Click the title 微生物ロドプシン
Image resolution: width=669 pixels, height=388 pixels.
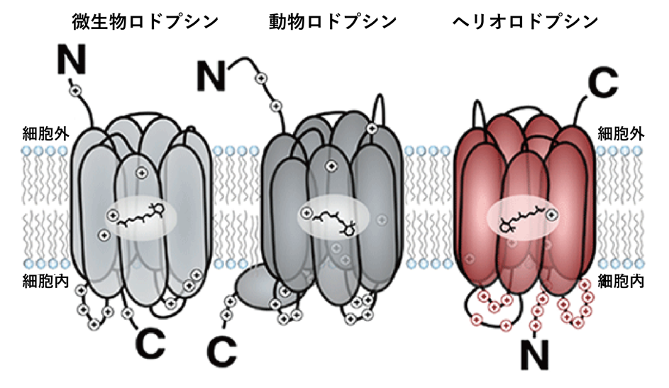click(x=145, y=22)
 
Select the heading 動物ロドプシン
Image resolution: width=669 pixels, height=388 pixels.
click(x=333, y=22)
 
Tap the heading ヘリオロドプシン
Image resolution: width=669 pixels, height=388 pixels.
click(x=526, y=22)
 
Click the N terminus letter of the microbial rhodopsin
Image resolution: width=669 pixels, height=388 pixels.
click(x=72, y=60)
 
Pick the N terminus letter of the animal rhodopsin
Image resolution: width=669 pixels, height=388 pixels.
click(x=211, y=76)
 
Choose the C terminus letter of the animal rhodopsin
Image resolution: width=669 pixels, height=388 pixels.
click(x=222, y=351)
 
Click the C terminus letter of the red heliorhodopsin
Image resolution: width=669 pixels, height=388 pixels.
click(x=603, y=82)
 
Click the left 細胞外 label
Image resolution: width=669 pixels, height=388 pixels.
click(x=45, y=134)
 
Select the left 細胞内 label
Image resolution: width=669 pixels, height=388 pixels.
click(x=45, y=281)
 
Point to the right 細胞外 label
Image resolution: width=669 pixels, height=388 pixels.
click(x=621, y=134)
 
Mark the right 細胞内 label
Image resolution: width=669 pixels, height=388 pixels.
click(x=621, y=281)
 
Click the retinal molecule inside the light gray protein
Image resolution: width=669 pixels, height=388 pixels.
click(x=140, y=216)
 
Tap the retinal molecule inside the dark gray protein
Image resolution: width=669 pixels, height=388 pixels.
click(x=336, y=222)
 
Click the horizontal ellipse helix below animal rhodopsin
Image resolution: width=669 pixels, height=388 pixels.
click(x=261, y=285)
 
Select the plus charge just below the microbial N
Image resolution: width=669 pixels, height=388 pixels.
click(x=75, y=90)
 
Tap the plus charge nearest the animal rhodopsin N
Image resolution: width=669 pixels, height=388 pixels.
click(x=261, y=78)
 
